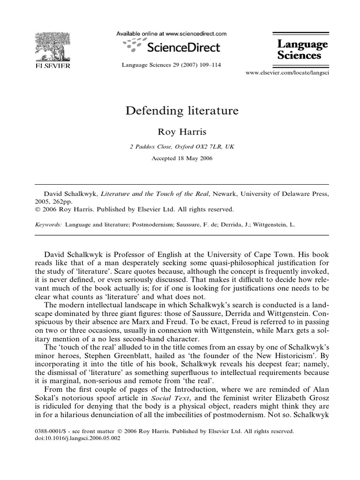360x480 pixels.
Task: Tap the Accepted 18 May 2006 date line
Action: [182, 158]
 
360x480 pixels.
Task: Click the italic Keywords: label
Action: [49, 225]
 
